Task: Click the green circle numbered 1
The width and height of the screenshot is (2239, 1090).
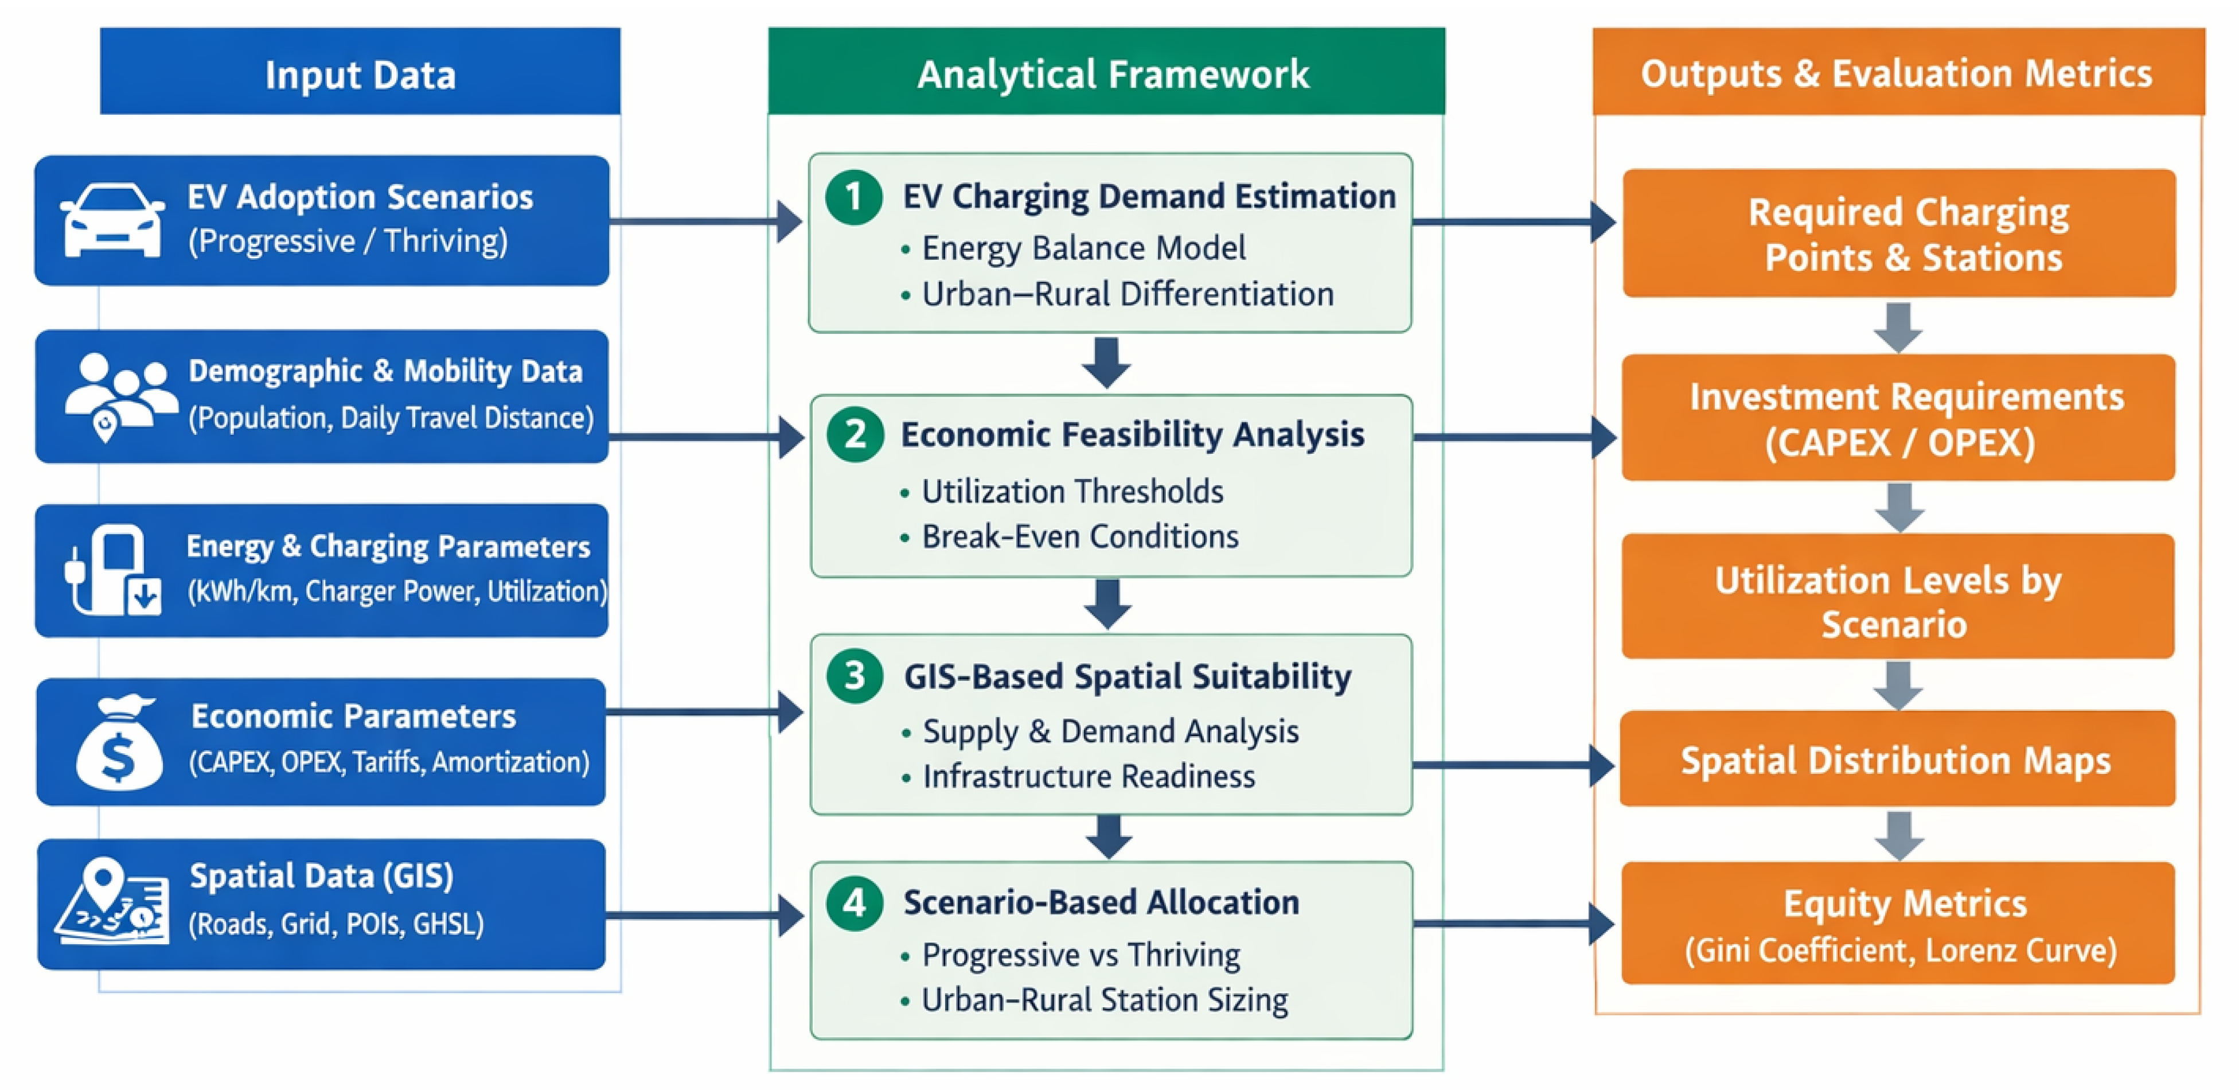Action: coord(853,197)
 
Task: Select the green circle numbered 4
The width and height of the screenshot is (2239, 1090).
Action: coord(855,903)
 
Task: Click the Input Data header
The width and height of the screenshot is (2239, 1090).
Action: coord(360,73)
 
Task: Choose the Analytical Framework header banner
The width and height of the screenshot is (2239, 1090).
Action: coord(1106,73)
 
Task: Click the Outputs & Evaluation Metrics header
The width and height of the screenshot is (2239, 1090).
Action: coord(1897,73)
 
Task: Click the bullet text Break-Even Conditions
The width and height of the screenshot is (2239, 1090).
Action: coord(1079,537)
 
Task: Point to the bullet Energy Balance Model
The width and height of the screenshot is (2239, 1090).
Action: coord(1083,248)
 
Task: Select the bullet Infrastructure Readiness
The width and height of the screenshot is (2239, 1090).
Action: coord(1088,776)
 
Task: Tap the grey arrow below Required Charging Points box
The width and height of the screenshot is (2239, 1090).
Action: coord(1897,327)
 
